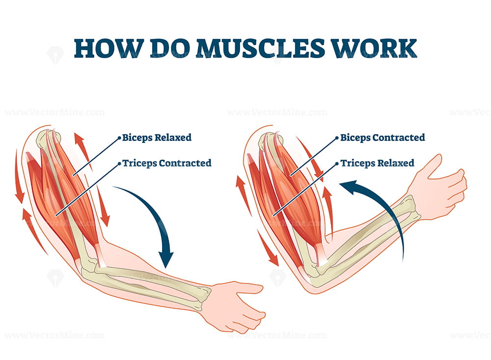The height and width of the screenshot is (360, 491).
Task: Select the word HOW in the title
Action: pyautogui.click(x=102, y=48)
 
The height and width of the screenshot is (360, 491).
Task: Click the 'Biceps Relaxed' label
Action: pyautogui.click(x=157, y=138)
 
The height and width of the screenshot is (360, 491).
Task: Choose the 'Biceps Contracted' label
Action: pyautogui.click(x=382, y=138)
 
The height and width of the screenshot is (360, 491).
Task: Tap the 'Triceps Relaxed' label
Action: pyautogui.click(x=377, y=163)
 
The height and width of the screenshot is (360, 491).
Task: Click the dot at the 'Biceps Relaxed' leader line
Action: pyautogui.click(x=119, y=138)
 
